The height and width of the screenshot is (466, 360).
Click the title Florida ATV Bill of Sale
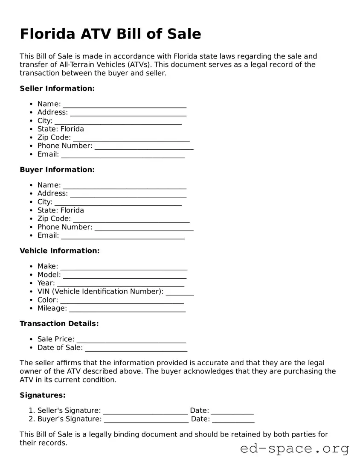tap(110, 34)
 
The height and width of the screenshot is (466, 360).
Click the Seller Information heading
tap(57, 88)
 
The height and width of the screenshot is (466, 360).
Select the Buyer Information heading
tap(57, 169)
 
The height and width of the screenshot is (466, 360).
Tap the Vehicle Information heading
tap(60, 250)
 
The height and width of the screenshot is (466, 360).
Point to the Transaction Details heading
tap(59, 323)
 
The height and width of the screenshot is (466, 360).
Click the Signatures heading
tap(43, 395)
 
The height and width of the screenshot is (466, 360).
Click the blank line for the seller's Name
tap(125, 105)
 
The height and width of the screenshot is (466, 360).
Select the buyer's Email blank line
tap(123, 236)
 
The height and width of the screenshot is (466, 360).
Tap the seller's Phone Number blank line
tap(144, 146)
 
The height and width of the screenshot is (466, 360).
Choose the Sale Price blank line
tap(131, 340)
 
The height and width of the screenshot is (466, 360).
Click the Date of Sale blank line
tap(136, 348)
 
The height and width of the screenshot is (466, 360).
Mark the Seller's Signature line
tap(145, 411)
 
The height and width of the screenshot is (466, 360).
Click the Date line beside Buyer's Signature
tap(233, 420)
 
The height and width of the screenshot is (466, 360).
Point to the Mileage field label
tap(52, 308)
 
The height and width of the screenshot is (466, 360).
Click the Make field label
tap(48, 266)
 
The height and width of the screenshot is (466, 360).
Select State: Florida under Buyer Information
tap(61, 210)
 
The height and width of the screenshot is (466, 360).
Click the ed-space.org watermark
tap(294, 449)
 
